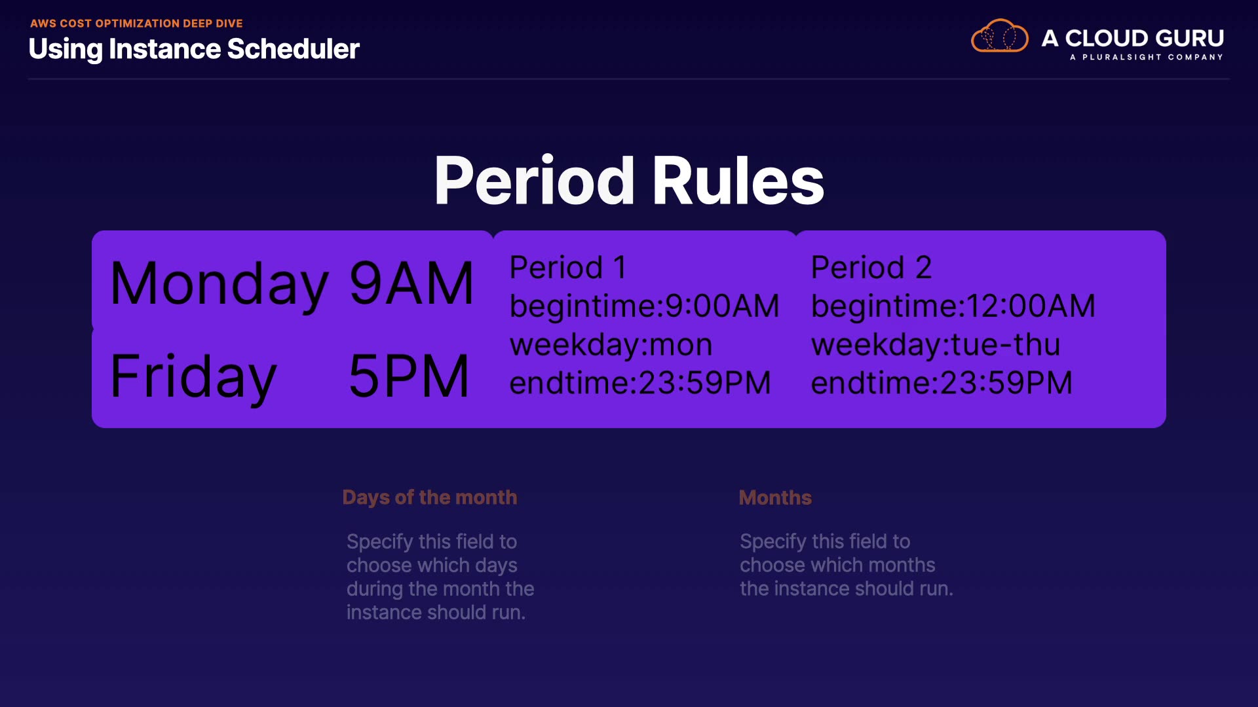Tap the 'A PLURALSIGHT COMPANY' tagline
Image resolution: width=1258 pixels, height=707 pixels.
coord(1147,57)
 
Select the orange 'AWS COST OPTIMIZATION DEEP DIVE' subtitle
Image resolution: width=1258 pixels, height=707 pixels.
coord(136,24)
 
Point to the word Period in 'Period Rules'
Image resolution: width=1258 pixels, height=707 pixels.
coord(534,181)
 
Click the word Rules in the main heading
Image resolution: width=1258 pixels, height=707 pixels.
coord(738,181)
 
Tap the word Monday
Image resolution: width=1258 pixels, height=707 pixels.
coord(219,284)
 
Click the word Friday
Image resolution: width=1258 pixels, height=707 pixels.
coord(193,377)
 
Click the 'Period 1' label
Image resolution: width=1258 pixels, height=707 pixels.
coord(568,267)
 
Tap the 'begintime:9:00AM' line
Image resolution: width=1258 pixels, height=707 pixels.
coord(645,306)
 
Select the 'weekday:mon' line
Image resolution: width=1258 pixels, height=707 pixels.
coord(611,344)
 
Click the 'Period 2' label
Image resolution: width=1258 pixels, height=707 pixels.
coord(871,267)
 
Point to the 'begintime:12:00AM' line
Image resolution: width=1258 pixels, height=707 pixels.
coord(953,306)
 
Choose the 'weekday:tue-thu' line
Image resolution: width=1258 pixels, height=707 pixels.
coord(936,344)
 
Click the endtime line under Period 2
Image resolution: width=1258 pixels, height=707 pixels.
coord(942,382)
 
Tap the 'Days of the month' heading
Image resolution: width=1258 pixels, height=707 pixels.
coord(430,498)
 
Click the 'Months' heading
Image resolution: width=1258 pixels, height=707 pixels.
coord(775,498)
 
